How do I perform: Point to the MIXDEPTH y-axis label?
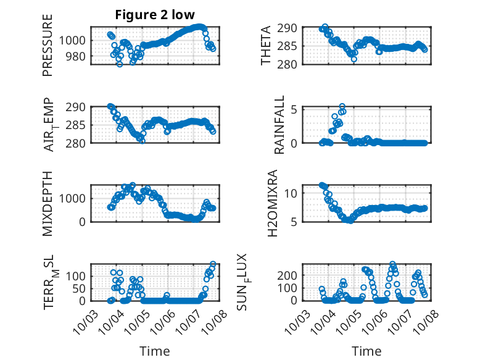48,203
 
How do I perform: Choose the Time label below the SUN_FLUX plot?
366,351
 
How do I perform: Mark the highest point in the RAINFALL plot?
342,106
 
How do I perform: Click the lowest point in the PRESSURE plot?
120,64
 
